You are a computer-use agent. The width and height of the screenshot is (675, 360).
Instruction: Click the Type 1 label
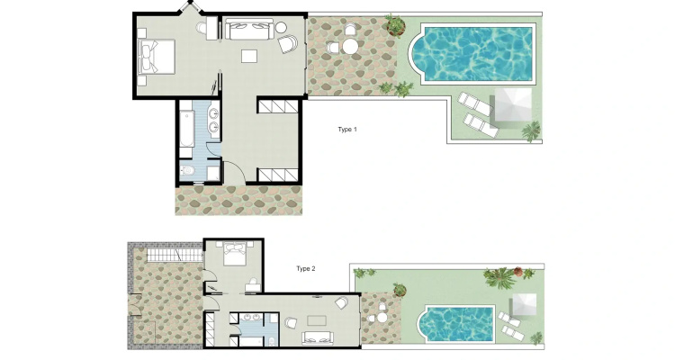(347, 130)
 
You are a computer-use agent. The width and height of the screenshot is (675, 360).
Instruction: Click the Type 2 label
(306, 269)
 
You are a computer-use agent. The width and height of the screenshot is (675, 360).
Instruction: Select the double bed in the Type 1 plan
(157, 57)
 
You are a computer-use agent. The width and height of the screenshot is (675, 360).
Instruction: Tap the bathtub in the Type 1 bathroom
(186, 129)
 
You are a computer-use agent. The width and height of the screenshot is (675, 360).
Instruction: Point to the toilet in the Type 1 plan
(187, 171)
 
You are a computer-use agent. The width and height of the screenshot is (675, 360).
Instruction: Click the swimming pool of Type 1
(472, 54)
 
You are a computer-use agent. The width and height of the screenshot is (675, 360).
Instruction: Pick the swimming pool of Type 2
(456, 323)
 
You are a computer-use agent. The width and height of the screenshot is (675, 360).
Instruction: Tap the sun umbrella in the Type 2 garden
(524, 306)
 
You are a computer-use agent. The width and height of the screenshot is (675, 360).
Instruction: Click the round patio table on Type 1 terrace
(351, 46)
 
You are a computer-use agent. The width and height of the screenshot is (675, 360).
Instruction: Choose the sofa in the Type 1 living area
(249, 29)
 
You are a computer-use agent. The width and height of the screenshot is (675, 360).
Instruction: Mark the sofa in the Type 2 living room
(318, 337)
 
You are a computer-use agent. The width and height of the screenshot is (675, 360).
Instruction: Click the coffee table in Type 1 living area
(249, 56)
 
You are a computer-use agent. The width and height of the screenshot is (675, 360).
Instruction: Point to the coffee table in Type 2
(317, 320)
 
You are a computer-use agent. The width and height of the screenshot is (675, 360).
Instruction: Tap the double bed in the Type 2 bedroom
(234, 253)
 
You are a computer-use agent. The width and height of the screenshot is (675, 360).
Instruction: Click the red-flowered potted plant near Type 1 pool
(396, 26)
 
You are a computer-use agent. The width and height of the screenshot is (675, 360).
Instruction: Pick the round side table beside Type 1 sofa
(281, 28)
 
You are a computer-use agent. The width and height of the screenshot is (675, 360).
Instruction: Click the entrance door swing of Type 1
(235, 172)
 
